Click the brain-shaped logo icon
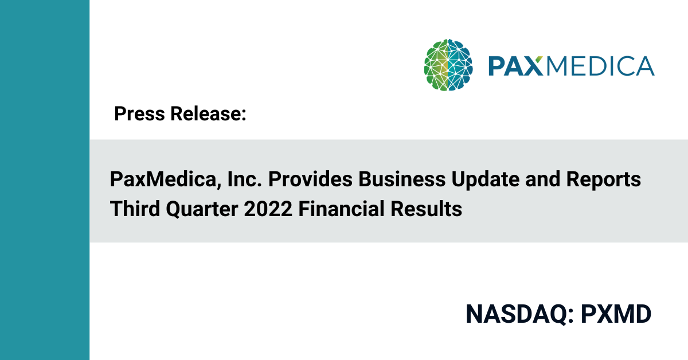[448, 65]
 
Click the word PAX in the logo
[515, 66]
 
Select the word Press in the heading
[139, 114]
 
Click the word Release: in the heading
[208, 114]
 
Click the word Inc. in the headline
[244, 179]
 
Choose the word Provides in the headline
[310, 179]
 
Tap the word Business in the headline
[402, 179]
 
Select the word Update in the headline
[486, 180]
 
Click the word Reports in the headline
[604, 180]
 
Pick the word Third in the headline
[135, 209]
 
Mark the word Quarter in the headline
[202, 209]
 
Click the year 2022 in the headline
[268, 209]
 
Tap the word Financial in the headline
[341, 209]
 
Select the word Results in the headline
[427, 209]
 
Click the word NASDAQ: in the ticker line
[519, 314]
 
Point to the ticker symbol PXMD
[616, 314]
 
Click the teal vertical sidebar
[45, 180]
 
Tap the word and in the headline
[543, 179]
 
